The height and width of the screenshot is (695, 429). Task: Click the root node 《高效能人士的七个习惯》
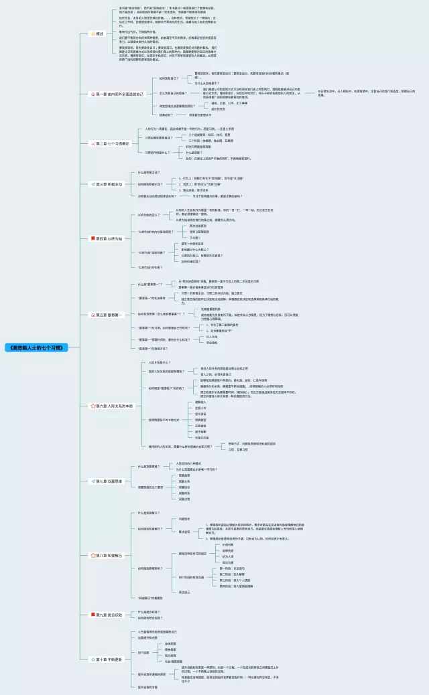(37, 348)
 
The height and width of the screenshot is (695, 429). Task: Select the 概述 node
(100, 33)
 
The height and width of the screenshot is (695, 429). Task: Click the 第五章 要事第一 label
(110, 315)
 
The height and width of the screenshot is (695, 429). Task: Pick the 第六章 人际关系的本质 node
(115, 406)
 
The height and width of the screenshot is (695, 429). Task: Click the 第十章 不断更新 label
(110, 659)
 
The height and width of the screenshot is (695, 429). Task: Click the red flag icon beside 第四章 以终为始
(93, 238)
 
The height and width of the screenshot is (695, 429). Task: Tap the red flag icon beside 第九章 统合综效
(93, 614)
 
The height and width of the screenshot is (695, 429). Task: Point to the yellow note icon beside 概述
(93, 33)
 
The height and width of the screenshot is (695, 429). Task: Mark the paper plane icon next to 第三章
(93, 184)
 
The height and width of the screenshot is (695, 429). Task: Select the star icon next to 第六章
(93, 406)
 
